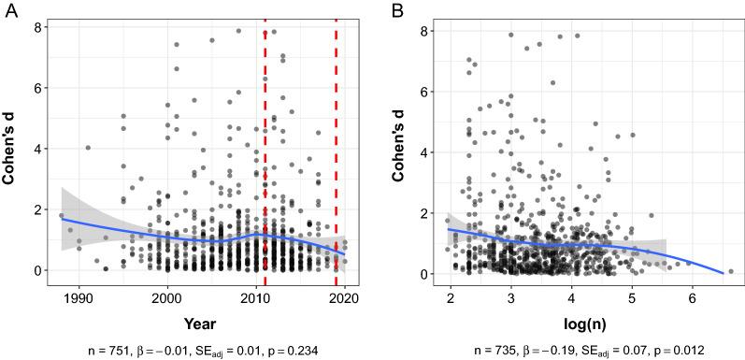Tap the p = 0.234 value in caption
294,349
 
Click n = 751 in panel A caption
126,349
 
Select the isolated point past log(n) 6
730,271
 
